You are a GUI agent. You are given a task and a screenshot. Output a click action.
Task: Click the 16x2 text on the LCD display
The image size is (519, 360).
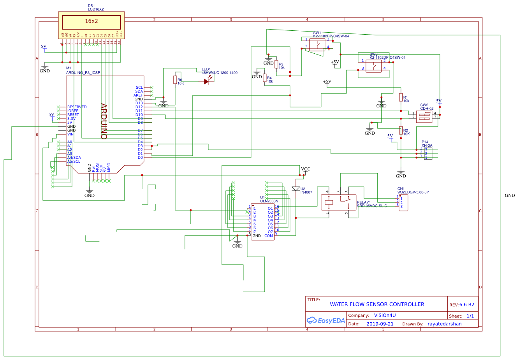pyautogui.click(x=91, y=21)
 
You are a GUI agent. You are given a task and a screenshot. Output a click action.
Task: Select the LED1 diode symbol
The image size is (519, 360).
pyautogui.click(x=207, y=82)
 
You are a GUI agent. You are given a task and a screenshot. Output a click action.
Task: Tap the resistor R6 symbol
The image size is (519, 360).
pyautogui.click(x=175, y=80)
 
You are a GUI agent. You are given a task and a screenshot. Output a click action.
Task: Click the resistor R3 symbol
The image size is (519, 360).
pyautogui.click(x=276, y=64)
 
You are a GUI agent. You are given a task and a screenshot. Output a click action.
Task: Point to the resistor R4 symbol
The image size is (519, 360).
pyautogui.click(x=265, y=78)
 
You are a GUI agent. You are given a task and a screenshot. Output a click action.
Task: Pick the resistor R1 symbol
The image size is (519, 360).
pyautogui.click(x=401, y=97)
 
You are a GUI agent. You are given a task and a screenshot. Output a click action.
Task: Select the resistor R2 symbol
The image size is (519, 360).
pyautogui.click(x=401, y=131)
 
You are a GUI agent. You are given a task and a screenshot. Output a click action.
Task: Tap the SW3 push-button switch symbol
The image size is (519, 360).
pyautogui.click(x=373, y=66)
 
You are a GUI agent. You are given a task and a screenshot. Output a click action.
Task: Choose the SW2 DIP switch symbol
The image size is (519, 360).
pyautogui.click(x=424, y=116)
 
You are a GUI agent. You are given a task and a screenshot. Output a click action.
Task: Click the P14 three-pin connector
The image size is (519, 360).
pyautogui.click(x=428, y=153)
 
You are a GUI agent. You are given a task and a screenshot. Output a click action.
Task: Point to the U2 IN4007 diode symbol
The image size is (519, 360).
pyautogui.click(x=296, y=189)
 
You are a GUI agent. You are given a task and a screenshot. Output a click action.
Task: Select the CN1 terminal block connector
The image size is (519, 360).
pyautogui.click(x=403, y=203)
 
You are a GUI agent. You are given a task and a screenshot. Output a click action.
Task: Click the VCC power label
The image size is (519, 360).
pyautogui.click(x=306, y=169)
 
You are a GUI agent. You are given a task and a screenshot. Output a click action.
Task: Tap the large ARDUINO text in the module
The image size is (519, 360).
pyautogui.click(x=104, y=121)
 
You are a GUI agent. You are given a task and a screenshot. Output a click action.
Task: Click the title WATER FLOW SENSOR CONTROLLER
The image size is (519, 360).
pyautogui.click(x=377, y=304)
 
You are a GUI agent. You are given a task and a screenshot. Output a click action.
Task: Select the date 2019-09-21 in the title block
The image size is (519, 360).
pyautogui.click(x=380, y=324)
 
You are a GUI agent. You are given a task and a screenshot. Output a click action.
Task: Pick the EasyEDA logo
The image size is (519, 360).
pyautogui.click(x=326, y=320)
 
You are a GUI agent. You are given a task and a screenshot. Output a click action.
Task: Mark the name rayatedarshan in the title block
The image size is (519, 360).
pyautogui.click(x=444, y=324)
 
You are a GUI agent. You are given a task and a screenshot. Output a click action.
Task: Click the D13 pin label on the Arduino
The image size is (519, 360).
pyautogui.click(x=139, y=103)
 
